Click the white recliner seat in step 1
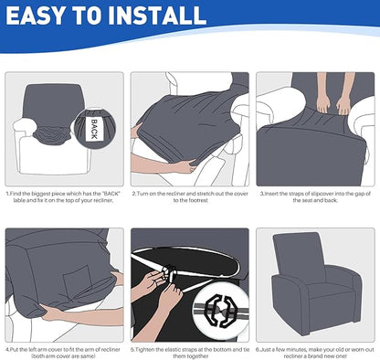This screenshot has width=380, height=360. tap(46, 155)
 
